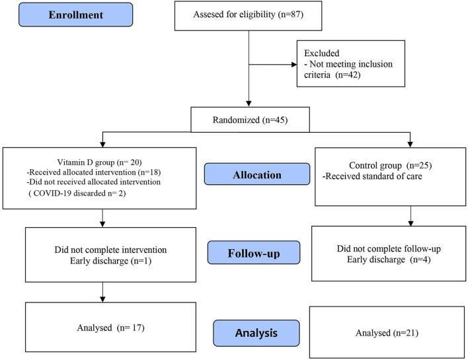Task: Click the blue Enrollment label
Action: pos(76,15)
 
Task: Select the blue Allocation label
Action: pos(257,174)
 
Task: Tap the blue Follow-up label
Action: pos(254,252)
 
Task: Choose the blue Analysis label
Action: pos(256,333)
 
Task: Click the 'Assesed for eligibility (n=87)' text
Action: pos(249,15)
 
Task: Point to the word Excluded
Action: pos(322,53)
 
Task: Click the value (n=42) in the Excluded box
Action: pos(348,75)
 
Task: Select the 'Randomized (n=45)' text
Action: pos(250,120)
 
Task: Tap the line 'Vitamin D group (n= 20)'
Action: pos(99,162)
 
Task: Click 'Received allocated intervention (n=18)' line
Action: pos(94,172)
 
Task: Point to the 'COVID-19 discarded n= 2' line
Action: pos(77,194)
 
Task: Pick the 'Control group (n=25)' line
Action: pos(391,165)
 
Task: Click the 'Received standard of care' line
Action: pos(372,176)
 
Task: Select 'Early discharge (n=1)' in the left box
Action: pos(111,261)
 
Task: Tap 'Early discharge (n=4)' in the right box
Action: pos(389,260)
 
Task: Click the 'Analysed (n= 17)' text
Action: pos(111,328)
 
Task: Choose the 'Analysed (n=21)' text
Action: pos(387,333)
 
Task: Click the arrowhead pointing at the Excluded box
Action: pos(294,65)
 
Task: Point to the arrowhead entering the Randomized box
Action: pos(249,104)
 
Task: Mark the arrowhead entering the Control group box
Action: pos(410,145)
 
